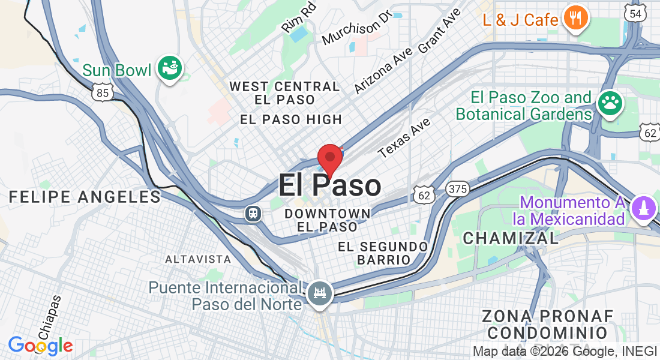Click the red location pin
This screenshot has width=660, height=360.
point(329,158)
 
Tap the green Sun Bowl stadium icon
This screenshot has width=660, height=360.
point(170,69)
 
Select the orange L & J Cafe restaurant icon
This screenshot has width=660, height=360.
point(575,19)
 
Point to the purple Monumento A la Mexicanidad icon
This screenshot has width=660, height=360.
point(643,209)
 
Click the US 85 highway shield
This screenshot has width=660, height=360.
point(103,92)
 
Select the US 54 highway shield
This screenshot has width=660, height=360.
point(635,13)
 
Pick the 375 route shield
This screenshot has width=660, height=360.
point(457,189)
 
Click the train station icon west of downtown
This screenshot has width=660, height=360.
point(253,213)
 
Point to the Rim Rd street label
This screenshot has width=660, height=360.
point(298,20)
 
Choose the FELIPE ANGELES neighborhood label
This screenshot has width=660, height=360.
point(85,196)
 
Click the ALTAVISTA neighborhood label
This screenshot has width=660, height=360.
point(198,259)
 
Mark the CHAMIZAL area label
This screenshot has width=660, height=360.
point(511,238)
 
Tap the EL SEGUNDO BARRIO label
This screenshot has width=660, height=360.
point(383,253)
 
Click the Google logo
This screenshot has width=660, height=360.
point(40,346)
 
